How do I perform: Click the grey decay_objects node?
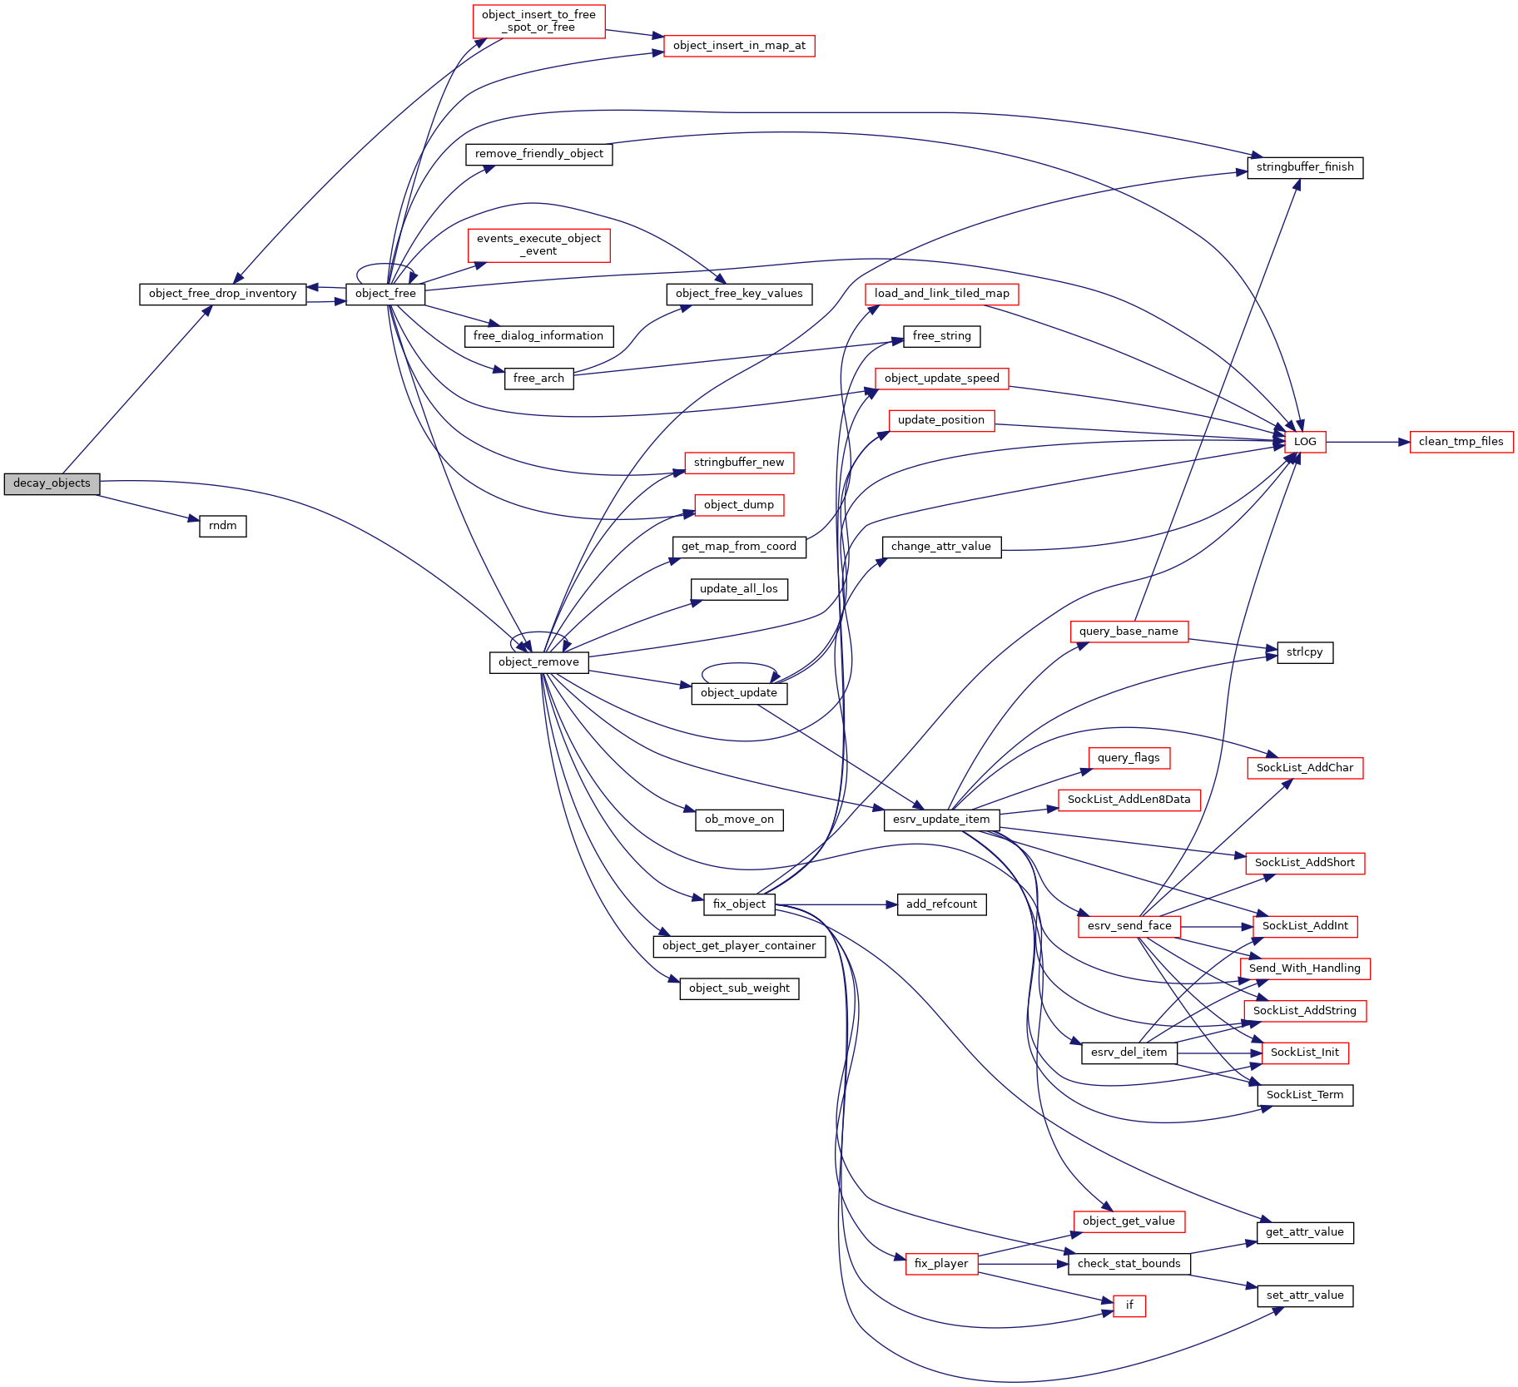click(52, 483)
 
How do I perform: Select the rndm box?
click(223, 526)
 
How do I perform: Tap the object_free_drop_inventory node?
click(222, 294)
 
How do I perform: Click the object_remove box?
click(538, 662)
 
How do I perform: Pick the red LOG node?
click(1305, 442)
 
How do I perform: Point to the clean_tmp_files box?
click(1461, 442)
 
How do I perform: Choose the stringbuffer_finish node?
click(1305, 167)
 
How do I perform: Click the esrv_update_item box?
click(941, 820)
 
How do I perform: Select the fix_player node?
click(941, 1264)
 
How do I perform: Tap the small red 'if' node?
click(1129, 1305)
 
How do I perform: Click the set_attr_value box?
click(1305, 1295)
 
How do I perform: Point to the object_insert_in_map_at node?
click(739, 46)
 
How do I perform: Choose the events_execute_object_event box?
click(538, 245)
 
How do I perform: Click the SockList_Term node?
click(1305, 1095)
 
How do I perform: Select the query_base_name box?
click(1129, 632)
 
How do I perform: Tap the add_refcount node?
click(941, 904)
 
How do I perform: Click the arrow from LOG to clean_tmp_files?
click(1367, 442)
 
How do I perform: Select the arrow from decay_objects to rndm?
click(149, 508)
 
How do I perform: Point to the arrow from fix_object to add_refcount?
click(836, 904)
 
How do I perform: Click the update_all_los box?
click(739, 589)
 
